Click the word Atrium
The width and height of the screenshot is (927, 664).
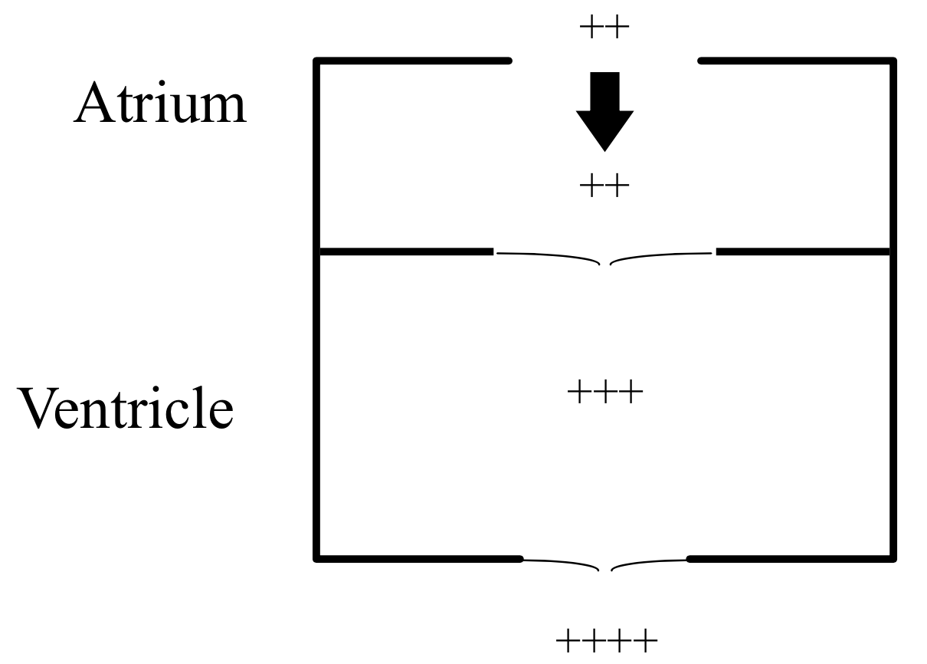[160, 104]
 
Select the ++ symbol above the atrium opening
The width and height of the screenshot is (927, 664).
[604, 30]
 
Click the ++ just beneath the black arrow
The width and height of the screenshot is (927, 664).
[604, 186]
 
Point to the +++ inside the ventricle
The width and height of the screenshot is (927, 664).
[604, 394]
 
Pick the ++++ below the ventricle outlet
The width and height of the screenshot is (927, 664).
[606, 639]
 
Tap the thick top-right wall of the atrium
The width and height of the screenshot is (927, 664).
[797, 60]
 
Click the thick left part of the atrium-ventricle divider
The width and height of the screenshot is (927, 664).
[406, 251]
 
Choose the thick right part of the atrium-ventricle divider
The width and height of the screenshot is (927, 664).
[803, 251]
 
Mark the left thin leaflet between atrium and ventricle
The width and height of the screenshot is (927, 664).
[548, 255]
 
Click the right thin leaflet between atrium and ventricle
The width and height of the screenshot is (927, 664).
[663, 255]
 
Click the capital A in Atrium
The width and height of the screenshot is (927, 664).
[93, 104]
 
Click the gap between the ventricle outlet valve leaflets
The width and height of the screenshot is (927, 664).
[605, 568]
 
